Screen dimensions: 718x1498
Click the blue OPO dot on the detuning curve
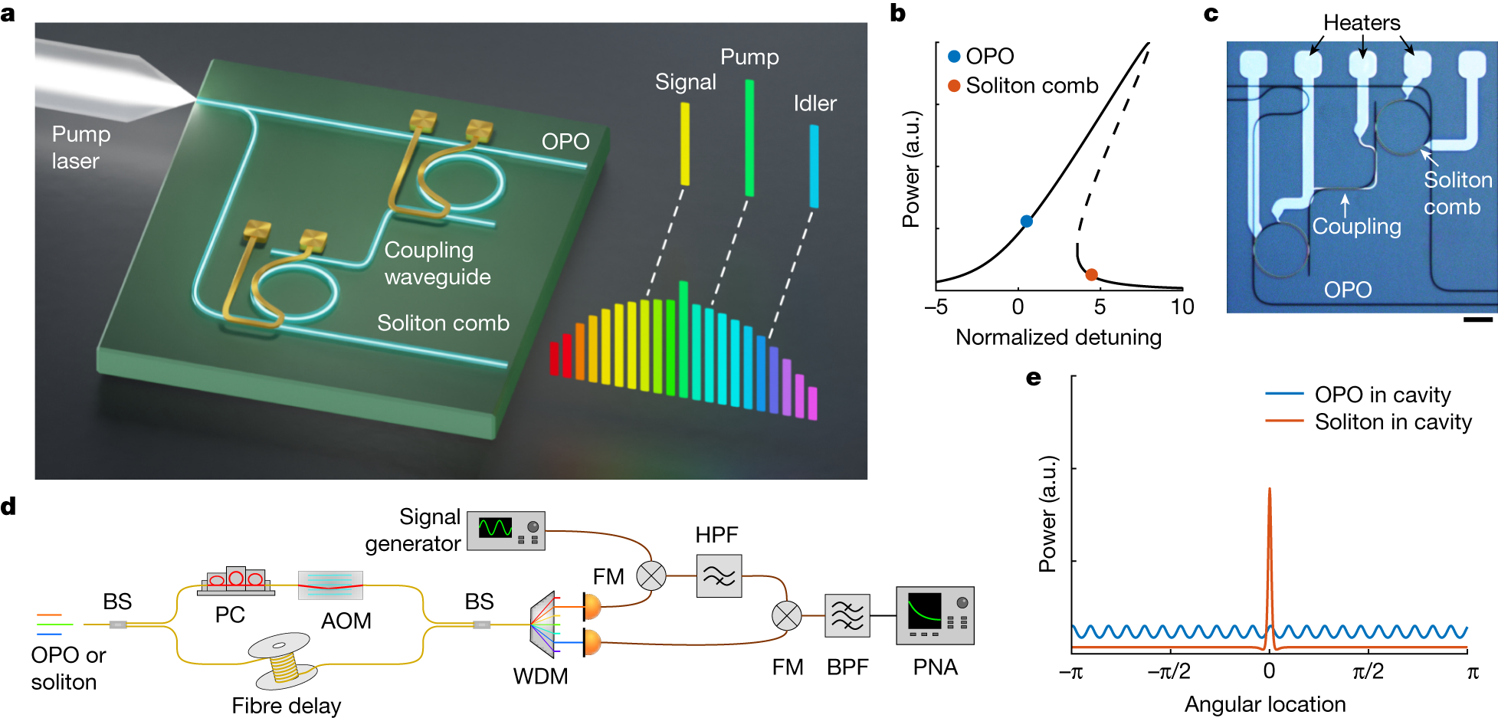coord(1027,221)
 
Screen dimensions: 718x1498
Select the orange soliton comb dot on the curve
coord(1091,274)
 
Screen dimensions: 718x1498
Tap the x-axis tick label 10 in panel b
coord(1182,307)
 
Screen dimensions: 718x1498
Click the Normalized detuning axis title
coord(1058,337)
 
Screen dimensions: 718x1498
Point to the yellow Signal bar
coord(685,144)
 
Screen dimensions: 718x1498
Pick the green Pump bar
coord(749,138)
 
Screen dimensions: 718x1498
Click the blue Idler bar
coord(814,166)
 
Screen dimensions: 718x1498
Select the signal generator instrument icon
coord(506,530)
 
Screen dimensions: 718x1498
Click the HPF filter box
coord(719,575)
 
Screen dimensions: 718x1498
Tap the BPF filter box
coord(847,615)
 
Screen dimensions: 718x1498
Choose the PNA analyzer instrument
coord(935,615)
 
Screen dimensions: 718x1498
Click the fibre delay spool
coord(283,661)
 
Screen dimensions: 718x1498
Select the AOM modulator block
coord(330,585)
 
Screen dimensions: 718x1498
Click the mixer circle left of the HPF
coord(651,575)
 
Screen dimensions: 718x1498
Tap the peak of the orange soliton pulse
coord(1269,489)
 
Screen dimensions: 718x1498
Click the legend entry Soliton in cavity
coord(1393,422)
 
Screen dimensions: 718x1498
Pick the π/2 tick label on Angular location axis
coord(1368,672)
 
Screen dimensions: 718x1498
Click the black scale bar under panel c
coord(1477,320)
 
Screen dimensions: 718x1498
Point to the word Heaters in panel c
coord(1362,23)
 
